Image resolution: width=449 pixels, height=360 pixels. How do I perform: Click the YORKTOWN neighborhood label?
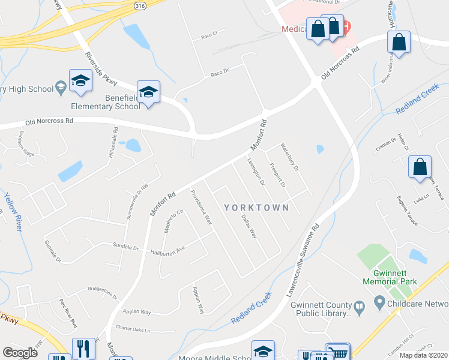point(256,208)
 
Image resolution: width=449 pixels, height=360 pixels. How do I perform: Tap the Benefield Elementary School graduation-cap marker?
point(148,92)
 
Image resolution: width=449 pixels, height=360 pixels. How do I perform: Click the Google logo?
point(20,352)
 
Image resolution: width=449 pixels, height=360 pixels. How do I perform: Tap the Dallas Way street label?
point(249,226)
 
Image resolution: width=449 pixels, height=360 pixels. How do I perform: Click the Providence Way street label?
point(201,206)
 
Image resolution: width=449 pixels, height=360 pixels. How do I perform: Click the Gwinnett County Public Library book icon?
point(359,308)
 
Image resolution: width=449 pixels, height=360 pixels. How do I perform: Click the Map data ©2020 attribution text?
point(424,355)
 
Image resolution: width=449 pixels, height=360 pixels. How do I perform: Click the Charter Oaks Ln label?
point(133,329)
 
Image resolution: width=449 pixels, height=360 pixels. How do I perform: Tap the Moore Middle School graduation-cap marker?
point(262,352)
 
